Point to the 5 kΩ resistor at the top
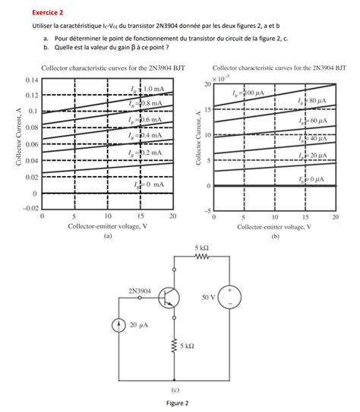201,257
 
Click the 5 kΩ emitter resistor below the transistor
177,345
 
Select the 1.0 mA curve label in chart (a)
147,89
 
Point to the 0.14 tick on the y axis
31,80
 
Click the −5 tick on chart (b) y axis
203,210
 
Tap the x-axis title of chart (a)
107,226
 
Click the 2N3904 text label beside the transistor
140,290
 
